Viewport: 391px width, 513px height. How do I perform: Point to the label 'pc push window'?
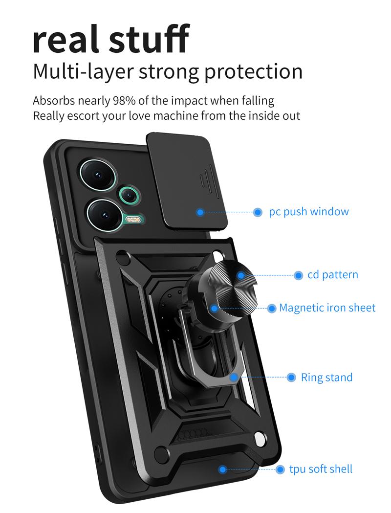pyautogui.click(x=309, y=212)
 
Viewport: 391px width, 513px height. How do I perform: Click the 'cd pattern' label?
pyautogui.click(x=332, y=275)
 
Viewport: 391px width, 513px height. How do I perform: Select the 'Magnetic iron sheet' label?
pyautogui.click(x=327, y=308)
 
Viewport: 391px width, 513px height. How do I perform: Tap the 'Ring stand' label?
pyautogui.click(x=326, y=378)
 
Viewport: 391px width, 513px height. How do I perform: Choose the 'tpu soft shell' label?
pyautogui.click(x=321, y=469)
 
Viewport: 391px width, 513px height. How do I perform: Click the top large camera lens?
pyautogui.click(x=98, y=174)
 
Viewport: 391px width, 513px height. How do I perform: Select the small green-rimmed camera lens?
pyautogui.click(x=129, y=195)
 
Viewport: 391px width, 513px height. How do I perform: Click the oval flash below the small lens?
pyautogui.click(x=133, y=219)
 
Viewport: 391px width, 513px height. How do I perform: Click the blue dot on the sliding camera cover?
pyautogui.click(x=200, y=212)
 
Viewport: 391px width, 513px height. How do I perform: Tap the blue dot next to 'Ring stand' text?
pyautogui.click(x=291, y=378)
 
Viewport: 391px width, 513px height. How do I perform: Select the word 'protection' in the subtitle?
pyautogui.click(x=253, y=71)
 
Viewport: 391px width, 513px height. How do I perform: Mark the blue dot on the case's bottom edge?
pyautogui.click(x=223, y=469)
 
